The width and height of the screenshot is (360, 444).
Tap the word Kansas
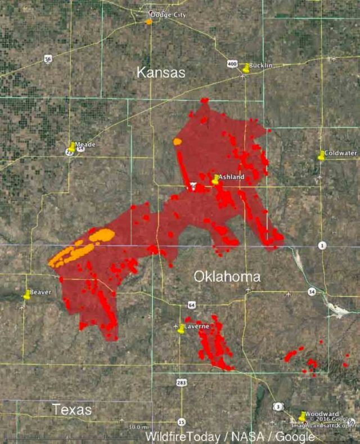tap(161, 73)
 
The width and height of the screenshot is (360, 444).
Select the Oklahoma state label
tap(227, 277)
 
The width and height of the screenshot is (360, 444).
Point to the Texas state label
tap(72, 410)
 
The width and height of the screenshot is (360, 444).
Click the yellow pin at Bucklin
tap(246, 68)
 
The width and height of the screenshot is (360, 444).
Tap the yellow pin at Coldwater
tap(321, 155)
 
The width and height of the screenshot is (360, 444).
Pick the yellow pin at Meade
tap(71, 147)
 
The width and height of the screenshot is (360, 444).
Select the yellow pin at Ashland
tap(215, 180)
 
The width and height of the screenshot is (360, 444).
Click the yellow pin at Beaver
tap(27, 294)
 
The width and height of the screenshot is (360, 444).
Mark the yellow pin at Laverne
tap(181, 329)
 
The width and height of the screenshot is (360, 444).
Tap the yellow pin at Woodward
tap(302, 416)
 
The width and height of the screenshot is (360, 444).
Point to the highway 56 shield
tap(48, 58)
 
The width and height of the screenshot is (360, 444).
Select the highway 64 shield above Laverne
tap(192, 304)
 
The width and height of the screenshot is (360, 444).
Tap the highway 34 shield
tap(312, 291)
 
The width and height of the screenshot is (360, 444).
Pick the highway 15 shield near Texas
tap(181, 421)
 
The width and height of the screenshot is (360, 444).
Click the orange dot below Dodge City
tap(148, 22)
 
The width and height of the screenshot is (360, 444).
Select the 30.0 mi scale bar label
tap(134, 427)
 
